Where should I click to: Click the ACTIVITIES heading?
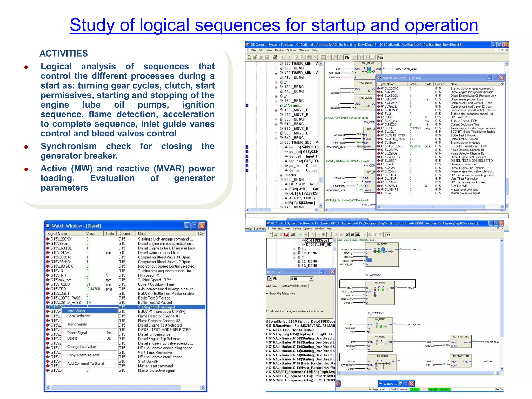[64, 54]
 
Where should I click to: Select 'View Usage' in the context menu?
[76, 310]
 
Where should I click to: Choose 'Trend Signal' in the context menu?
[77, 324]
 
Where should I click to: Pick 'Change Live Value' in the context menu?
[82, 347]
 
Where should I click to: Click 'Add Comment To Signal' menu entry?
[85, 363]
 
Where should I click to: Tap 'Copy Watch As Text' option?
[83, 355]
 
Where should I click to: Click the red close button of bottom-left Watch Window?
[202, 226]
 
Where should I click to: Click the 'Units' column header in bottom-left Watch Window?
[110, 234]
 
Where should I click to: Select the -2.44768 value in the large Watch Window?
[93, 289]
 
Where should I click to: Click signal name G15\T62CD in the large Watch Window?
[60, 284]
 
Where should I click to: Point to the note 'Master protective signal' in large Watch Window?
[156, 370]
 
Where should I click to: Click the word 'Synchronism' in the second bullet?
[69, 146]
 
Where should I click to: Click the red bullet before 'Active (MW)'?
[26, 169]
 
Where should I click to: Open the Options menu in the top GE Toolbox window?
[291, 50]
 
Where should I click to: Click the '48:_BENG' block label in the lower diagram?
[382, 244]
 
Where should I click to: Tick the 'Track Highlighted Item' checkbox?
[267, 293]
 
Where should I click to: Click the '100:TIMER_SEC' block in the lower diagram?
[461, 337]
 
